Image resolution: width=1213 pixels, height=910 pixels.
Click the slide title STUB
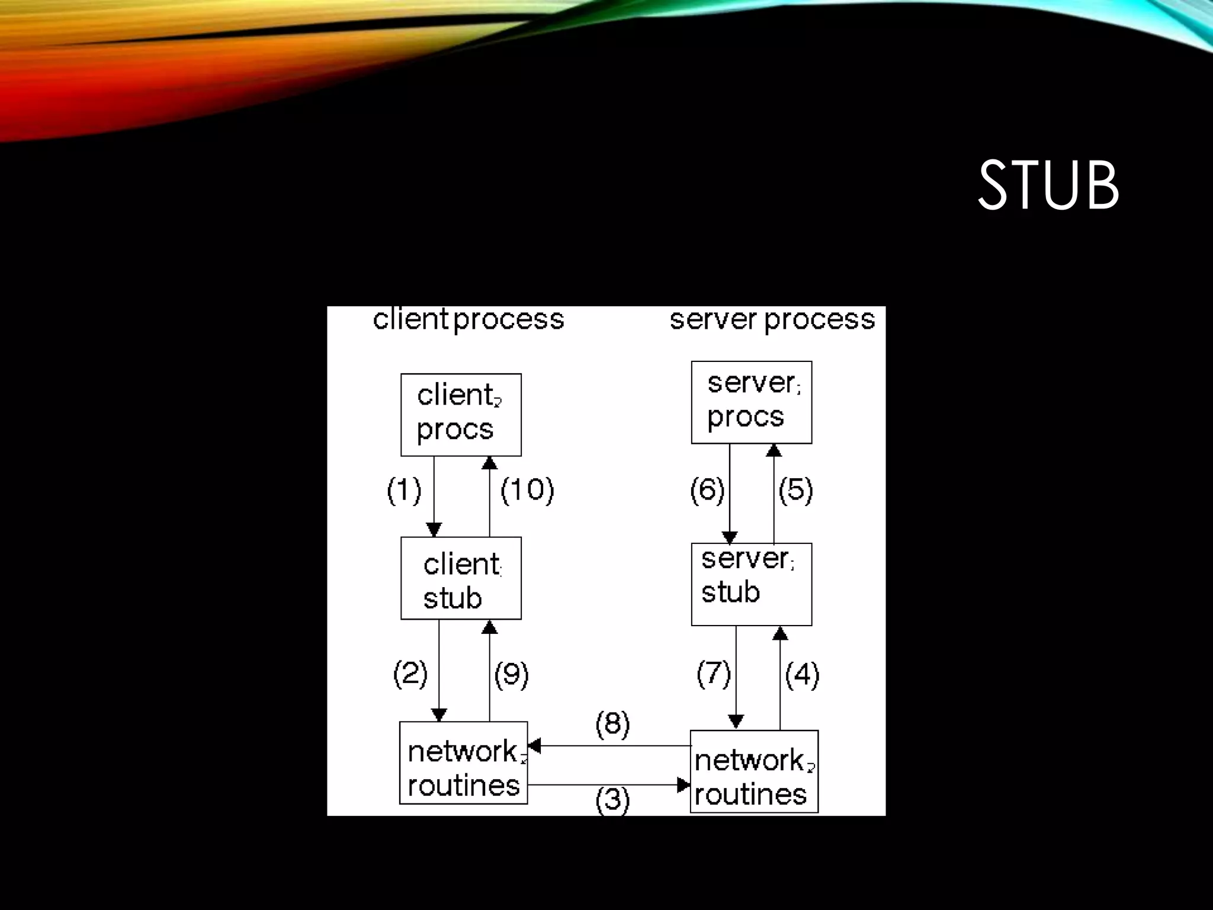point(1048,185)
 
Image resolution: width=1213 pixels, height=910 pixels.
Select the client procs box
point(461,415)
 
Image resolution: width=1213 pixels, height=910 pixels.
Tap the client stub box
point(461,578)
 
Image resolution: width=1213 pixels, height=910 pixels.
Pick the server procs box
point(751,402)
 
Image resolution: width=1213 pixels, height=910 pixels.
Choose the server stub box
point(751,584)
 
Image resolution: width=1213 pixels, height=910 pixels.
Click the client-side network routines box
point(463,762)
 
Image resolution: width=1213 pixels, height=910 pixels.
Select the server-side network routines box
point(754,771)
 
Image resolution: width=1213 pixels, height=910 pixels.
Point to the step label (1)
point(404,491)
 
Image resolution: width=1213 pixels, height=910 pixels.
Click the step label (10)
point(527,491)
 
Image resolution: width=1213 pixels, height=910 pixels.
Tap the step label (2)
point(410,674)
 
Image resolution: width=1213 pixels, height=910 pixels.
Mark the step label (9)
point(511,674)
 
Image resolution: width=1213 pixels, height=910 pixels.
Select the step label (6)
point(707,491)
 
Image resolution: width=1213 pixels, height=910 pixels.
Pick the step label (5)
point(795,491)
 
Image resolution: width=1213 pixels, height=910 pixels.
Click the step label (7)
point(713,674)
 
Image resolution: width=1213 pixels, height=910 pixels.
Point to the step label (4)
point(802,674)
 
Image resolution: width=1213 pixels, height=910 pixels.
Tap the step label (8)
point(612,724)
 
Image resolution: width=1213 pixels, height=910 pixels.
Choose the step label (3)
point(612,800)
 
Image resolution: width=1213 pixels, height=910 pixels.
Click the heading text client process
point(468,320)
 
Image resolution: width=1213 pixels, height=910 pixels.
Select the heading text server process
point(772,320)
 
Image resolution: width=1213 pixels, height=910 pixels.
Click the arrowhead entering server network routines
point(684,785)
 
